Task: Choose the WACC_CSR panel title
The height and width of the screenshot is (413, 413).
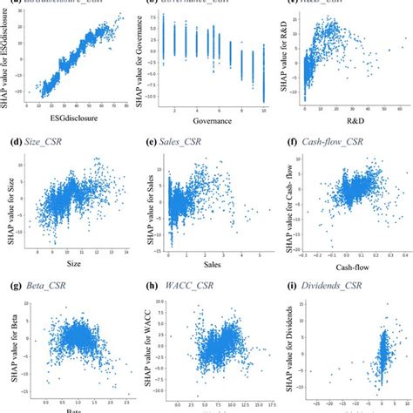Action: (193, 286)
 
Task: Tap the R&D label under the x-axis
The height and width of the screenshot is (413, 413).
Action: (345, 121)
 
